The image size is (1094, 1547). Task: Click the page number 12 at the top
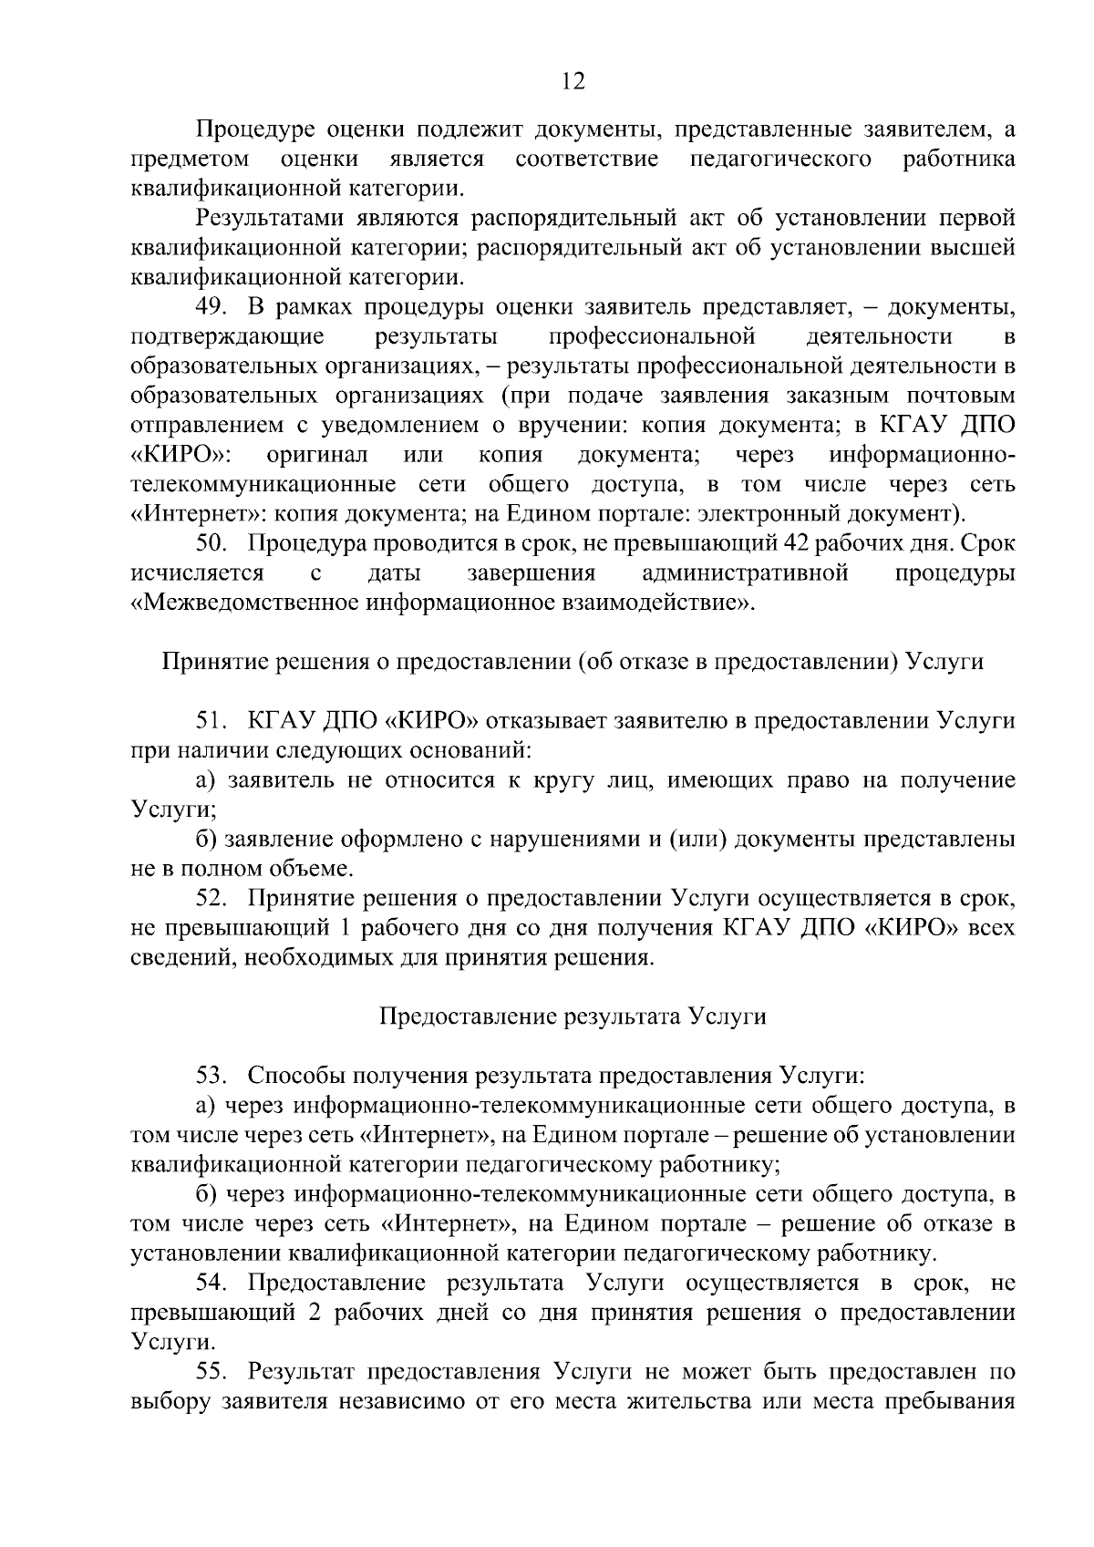coord(573,81)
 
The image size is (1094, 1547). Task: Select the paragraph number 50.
coord(211,543)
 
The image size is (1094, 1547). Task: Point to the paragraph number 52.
coord(211,898)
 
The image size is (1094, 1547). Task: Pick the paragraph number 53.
coord(211,1076)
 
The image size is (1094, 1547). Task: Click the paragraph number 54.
coord(211,1283)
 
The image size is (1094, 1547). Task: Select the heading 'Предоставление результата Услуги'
coord(572,1016)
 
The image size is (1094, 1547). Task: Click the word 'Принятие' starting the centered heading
coord(205,662)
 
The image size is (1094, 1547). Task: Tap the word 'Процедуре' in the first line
coord(245,130)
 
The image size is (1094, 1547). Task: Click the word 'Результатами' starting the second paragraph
coord(262,219)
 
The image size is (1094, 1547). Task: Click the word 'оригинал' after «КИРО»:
coord(317,454)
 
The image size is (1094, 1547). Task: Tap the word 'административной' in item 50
coord(745,573)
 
